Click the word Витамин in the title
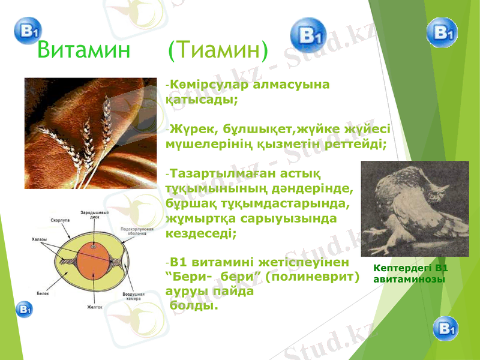click(x=83, y=50)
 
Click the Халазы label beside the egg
click(x=39, y=239)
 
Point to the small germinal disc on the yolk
click(x=93, y=246)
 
